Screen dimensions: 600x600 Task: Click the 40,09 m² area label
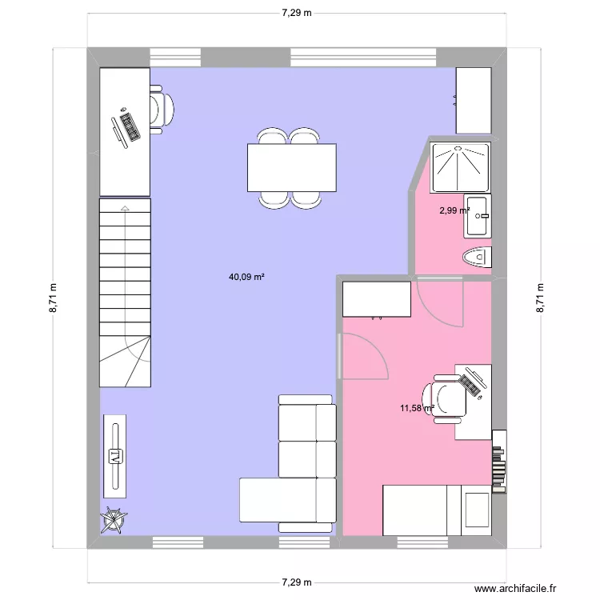coord(246,278)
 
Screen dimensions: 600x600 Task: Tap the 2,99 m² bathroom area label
coord(454,211)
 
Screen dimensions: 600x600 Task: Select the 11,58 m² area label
coord(417,408)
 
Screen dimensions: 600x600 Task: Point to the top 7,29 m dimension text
coord(296,14)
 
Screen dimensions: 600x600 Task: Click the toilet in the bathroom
coord(478,257)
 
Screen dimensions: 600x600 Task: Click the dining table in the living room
coord(292,167)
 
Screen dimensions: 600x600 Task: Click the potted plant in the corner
coord(113,522)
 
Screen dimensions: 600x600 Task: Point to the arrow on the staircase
coord(125,210)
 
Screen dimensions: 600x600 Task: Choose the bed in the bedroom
coord(437,509)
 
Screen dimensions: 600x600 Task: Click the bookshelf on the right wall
coord(500,461)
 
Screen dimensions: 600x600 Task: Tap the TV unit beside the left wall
coord(116,456)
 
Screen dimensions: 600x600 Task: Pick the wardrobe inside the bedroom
coord(377,298)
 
